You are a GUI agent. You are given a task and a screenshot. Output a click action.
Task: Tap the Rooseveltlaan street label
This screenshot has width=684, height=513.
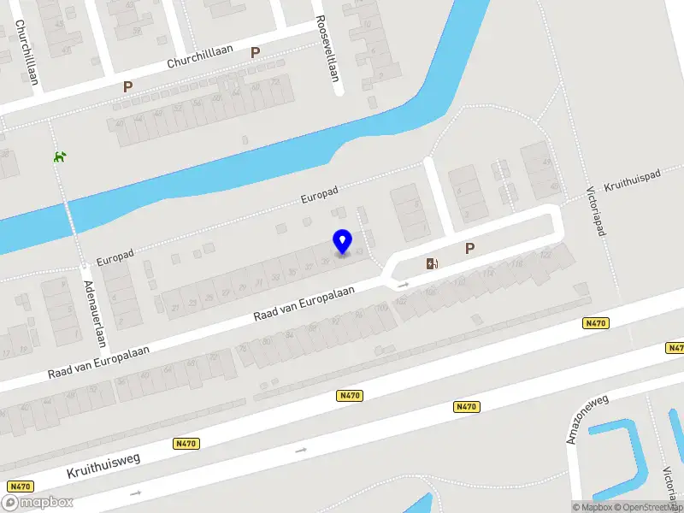tap(327, 48)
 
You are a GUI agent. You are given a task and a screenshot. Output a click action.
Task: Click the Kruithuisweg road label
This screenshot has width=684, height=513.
tap(103, 465)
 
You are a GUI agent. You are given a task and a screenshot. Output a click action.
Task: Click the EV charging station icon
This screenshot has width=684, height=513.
tap(432, 262)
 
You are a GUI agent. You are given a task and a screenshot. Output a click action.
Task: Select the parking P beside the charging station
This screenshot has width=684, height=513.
tap(469, 249)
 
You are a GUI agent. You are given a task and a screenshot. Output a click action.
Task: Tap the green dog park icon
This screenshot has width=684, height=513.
tap(60, 156)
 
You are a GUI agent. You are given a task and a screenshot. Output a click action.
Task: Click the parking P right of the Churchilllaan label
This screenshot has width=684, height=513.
tap(255, 52)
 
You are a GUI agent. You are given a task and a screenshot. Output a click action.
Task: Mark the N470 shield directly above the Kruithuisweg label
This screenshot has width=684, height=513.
tap(186, 443)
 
